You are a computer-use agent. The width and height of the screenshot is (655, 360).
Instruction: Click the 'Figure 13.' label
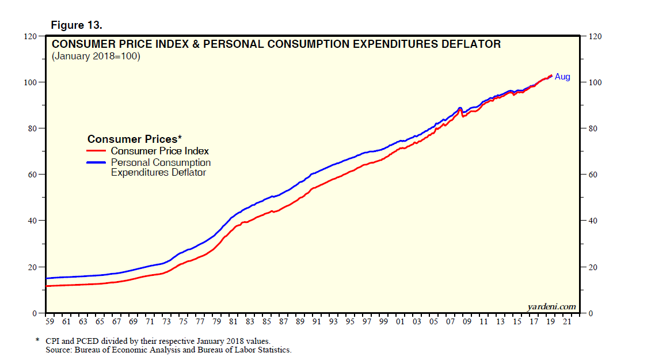click(77, 25)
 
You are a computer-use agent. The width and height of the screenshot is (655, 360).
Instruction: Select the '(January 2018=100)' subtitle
click(96, 56)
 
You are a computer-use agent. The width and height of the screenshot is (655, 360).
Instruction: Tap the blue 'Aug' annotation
click(562, 77)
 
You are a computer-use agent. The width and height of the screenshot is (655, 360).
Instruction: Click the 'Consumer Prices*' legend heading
click(135, 139)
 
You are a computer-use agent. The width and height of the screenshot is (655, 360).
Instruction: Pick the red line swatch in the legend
click(96, 151)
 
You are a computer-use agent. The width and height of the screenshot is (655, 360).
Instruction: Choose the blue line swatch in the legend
click(96, 163)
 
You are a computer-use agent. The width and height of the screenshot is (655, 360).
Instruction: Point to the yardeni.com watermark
click(551, 306)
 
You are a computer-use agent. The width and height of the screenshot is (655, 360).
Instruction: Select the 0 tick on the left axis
click(34, 313)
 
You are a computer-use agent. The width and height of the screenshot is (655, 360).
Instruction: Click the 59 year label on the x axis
click(49, 321)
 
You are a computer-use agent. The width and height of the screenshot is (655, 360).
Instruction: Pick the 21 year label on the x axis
click(568, 321)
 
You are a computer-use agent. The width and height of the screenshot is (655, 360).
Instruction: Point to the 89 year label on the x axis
click(300, 321)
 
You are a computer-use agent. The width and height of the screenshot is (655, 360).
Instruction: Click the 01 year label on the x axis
click(400, 321)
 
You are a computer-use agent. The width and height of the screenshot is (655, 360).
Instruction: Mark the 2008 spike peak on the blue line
click(460, 108)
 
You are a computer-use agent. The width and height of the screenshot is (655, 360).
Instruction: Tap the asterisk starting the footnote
click(37, 340)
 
